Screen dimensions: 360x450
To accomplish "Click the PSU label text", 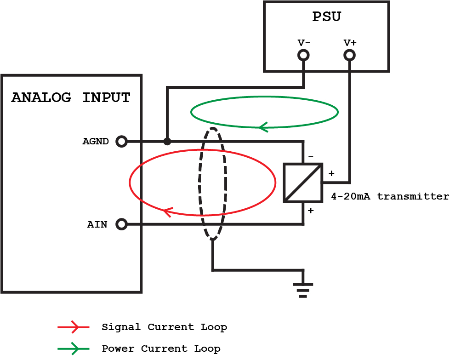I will [326, 17].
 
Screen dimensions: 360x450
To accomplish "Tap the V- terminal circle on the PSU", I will [303, 56].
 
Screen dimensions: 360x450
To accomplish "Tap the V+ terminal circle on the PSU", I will [350, 56].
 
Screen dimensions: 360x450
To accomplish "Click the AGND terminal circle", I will [121, 141].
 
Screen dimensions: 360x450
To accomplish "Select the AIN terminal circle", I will [121, 224].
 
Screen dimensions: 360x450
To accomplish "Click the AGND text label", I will [96, 141].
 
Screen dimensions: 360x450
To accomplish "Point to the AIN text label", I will [97, 225].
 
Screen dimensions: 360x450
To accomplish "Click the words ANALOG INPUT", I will [71, 97].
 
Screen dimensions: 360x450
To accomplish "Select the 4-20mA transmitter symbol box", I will [303, 183].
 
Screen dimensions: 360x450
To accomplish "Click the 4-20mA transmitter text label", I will [390, 196].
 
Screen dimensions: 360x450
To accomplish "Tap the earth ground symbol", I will [303, 290].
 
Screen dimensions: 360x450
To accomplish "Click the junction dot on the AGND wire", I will [167, 141].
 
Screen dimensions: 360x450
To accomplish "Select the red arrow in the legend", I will [74, 327].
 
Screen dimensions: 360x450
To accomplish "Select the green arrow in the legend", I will [74, 349].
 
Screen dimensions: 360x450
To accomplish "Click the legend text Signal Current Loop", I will [164, 327].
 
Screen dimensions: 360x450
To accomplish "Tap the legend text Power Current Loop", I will [161, 349].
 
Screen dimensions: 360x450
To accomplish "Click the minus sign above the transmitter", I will [311, 157].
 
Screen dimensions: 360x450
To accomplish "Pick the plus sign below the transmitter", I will [311, 211].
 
